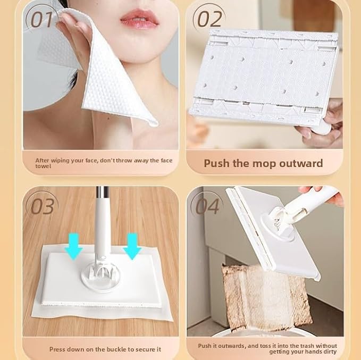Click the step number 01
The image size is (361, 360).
tap(42, 20)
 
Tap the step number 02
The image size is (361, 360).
tap(209, 19)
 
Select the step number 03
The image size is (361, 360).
tap(43, 206)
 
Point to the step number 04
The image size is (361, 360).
tap(207, 206)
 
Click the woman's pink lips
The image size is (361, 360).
tap(139, 19)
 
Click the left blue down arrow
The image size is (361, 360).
tap(73, 246)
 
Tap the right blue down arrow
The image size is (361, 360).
tap(132, 246)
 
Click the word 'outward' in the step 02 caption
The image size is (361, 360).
tap(301, 163)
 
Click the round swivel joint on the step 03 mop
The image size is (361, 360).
tap(100, 277)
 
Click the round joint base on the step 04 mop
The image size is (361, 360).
tap(278, 228)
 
